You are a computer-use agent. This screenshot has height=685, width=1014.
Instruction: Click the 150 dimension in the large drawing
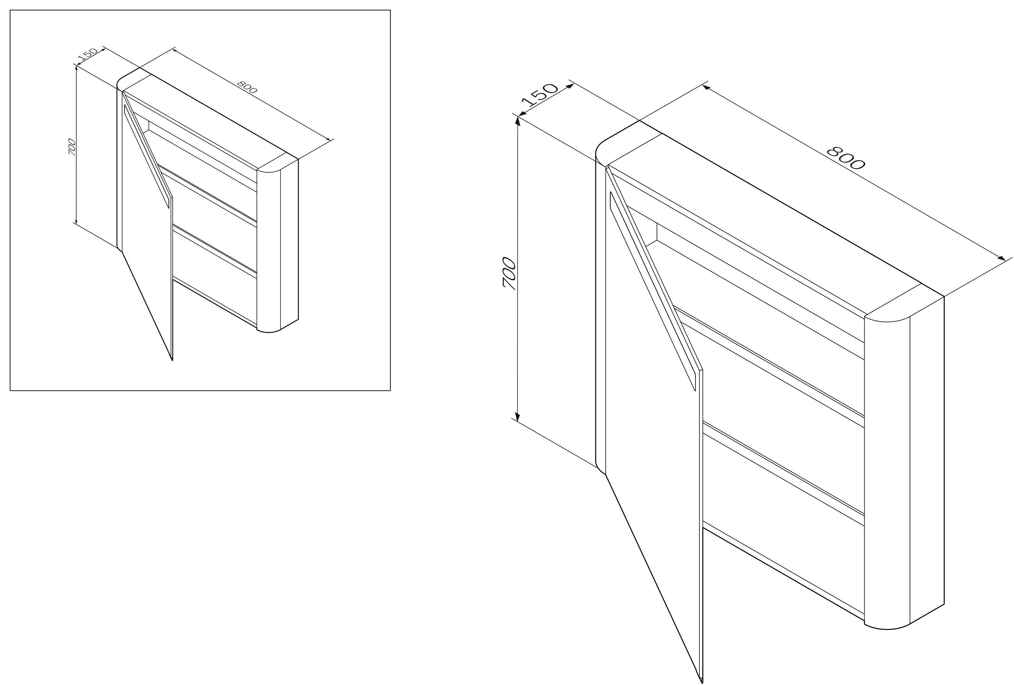pos(540,95)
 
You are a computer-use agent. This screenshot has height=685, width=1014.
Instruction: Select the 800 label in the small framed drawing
pos(247,87)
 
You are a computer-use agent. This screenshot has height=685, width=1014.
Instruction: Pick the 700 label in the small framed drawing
pos(72,147)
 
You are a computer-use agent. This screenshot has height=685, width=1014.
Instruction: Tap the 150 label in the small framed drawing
pos(87,54)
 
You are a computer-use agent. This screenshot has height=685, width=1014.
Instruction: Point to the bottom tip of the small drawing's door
pos(172,360)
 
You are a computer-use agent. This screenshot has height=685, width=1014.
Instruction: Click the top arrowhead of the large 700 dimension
pos(517,121)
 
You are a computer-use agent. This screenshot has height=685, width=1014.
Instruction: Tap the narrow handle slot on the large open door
pos(652,290)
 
